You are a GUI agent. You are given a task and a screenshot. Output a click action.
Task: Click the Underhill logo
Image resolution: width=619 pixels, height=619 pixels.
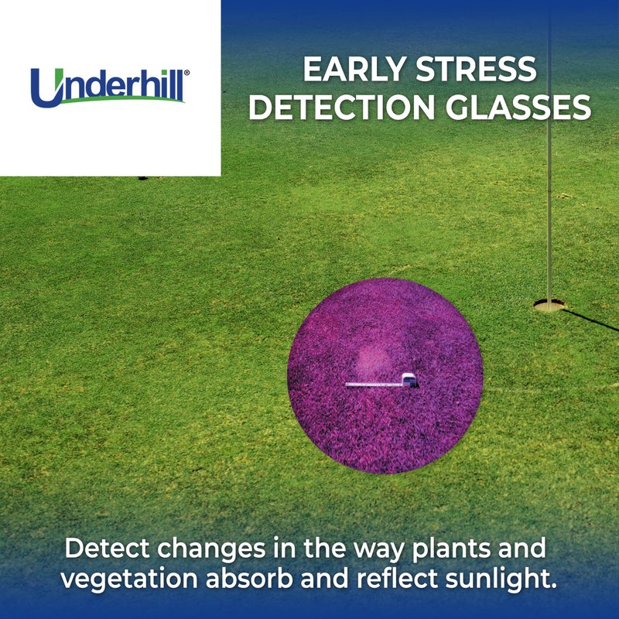click(x=110, y=87)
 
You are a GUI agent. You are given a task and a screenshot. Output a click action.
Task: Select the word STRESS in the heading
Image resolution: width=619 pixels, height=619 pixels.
click(x=477, y=70)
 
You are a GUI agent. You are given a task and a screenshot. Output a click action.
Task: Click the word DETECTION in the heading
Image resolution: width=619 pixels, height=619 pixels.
click(x=341, y=107)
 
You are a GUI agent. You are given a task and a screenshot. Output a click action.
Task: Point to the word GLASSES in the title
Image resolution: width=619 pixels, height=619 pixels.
click(x=518, y=107)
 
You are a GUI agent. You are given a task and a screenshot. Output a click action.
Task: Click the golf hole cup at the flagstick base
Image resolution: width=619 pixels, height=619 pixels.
click(x=549, y=305)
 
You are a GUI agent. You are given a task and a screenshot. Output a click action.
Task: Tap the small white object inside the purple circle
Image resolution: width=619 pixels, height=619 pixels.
click(x=409, y=381)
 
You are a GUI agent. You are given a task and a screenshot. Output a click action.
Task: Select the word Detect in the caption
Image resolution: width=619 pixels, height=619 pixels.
click(x=108, y=548)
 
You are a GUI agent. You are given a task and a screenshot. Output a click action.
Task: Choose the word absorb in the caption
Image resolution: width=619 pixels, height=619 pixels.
click(x=249, y=579)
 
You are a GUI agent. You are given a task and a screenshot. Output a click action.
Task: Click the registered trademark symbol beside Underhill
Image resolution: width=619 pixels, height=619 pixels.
click(x=186, y=73)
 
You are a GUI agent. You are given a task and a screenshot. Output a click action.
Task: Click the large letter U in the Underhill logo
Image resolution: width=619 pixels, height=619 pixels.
click(x=47, y=88)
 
